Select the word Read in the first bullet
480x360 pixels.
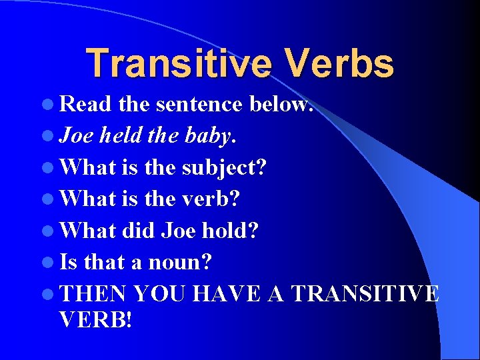tap(86, 104)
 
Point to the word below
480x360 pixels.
tap(281, 104)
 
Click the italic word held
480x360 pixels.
tap(121, 136)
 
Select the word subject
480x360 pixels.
tap(223, 167)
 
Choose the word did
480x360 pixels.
tap(139, 231)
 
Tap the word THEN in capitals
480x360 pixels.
tap(93, 294)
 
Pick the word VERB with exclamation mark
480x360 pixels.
tap(96, 321)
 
